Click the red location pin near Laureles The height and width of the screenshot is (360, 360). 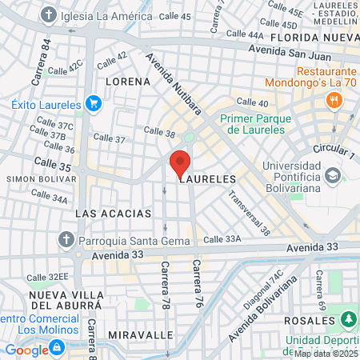click(x=179, y=164)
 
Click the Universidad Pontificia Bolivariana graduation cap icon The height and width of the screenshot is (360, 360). click(x=331, y=175)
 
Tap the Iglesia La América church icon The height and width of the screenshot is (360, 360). click(x=50, y=15)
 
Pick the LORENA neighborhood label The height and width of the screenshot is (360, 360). click(x=126, y=82)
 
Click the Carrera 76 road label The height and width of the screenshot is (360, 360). click(x=194, y=285)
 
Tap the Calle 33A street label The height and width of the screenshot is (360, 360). click(x=222, y=238)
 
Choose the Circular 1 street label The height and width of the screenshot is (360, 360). click(x=333, y=150)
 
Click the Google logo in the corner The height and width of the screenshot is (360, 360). click(x=26, y=350)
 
